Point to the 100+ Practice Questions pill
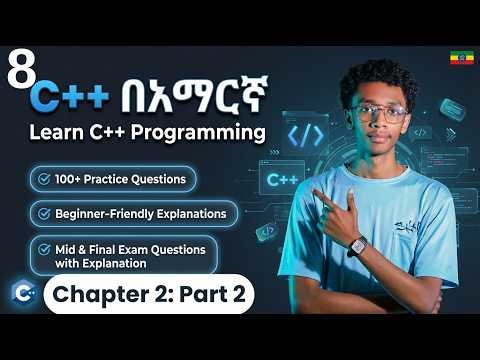coord(112,179)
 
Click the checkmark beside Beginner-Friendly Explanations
coord(44,213)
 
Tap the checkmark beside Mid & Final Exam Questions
coord(44,248)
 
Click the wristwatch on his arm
coord(357,245)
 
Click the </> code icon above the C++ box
coord(302,135)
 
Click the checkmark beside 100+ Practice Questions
coord(44,179)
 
